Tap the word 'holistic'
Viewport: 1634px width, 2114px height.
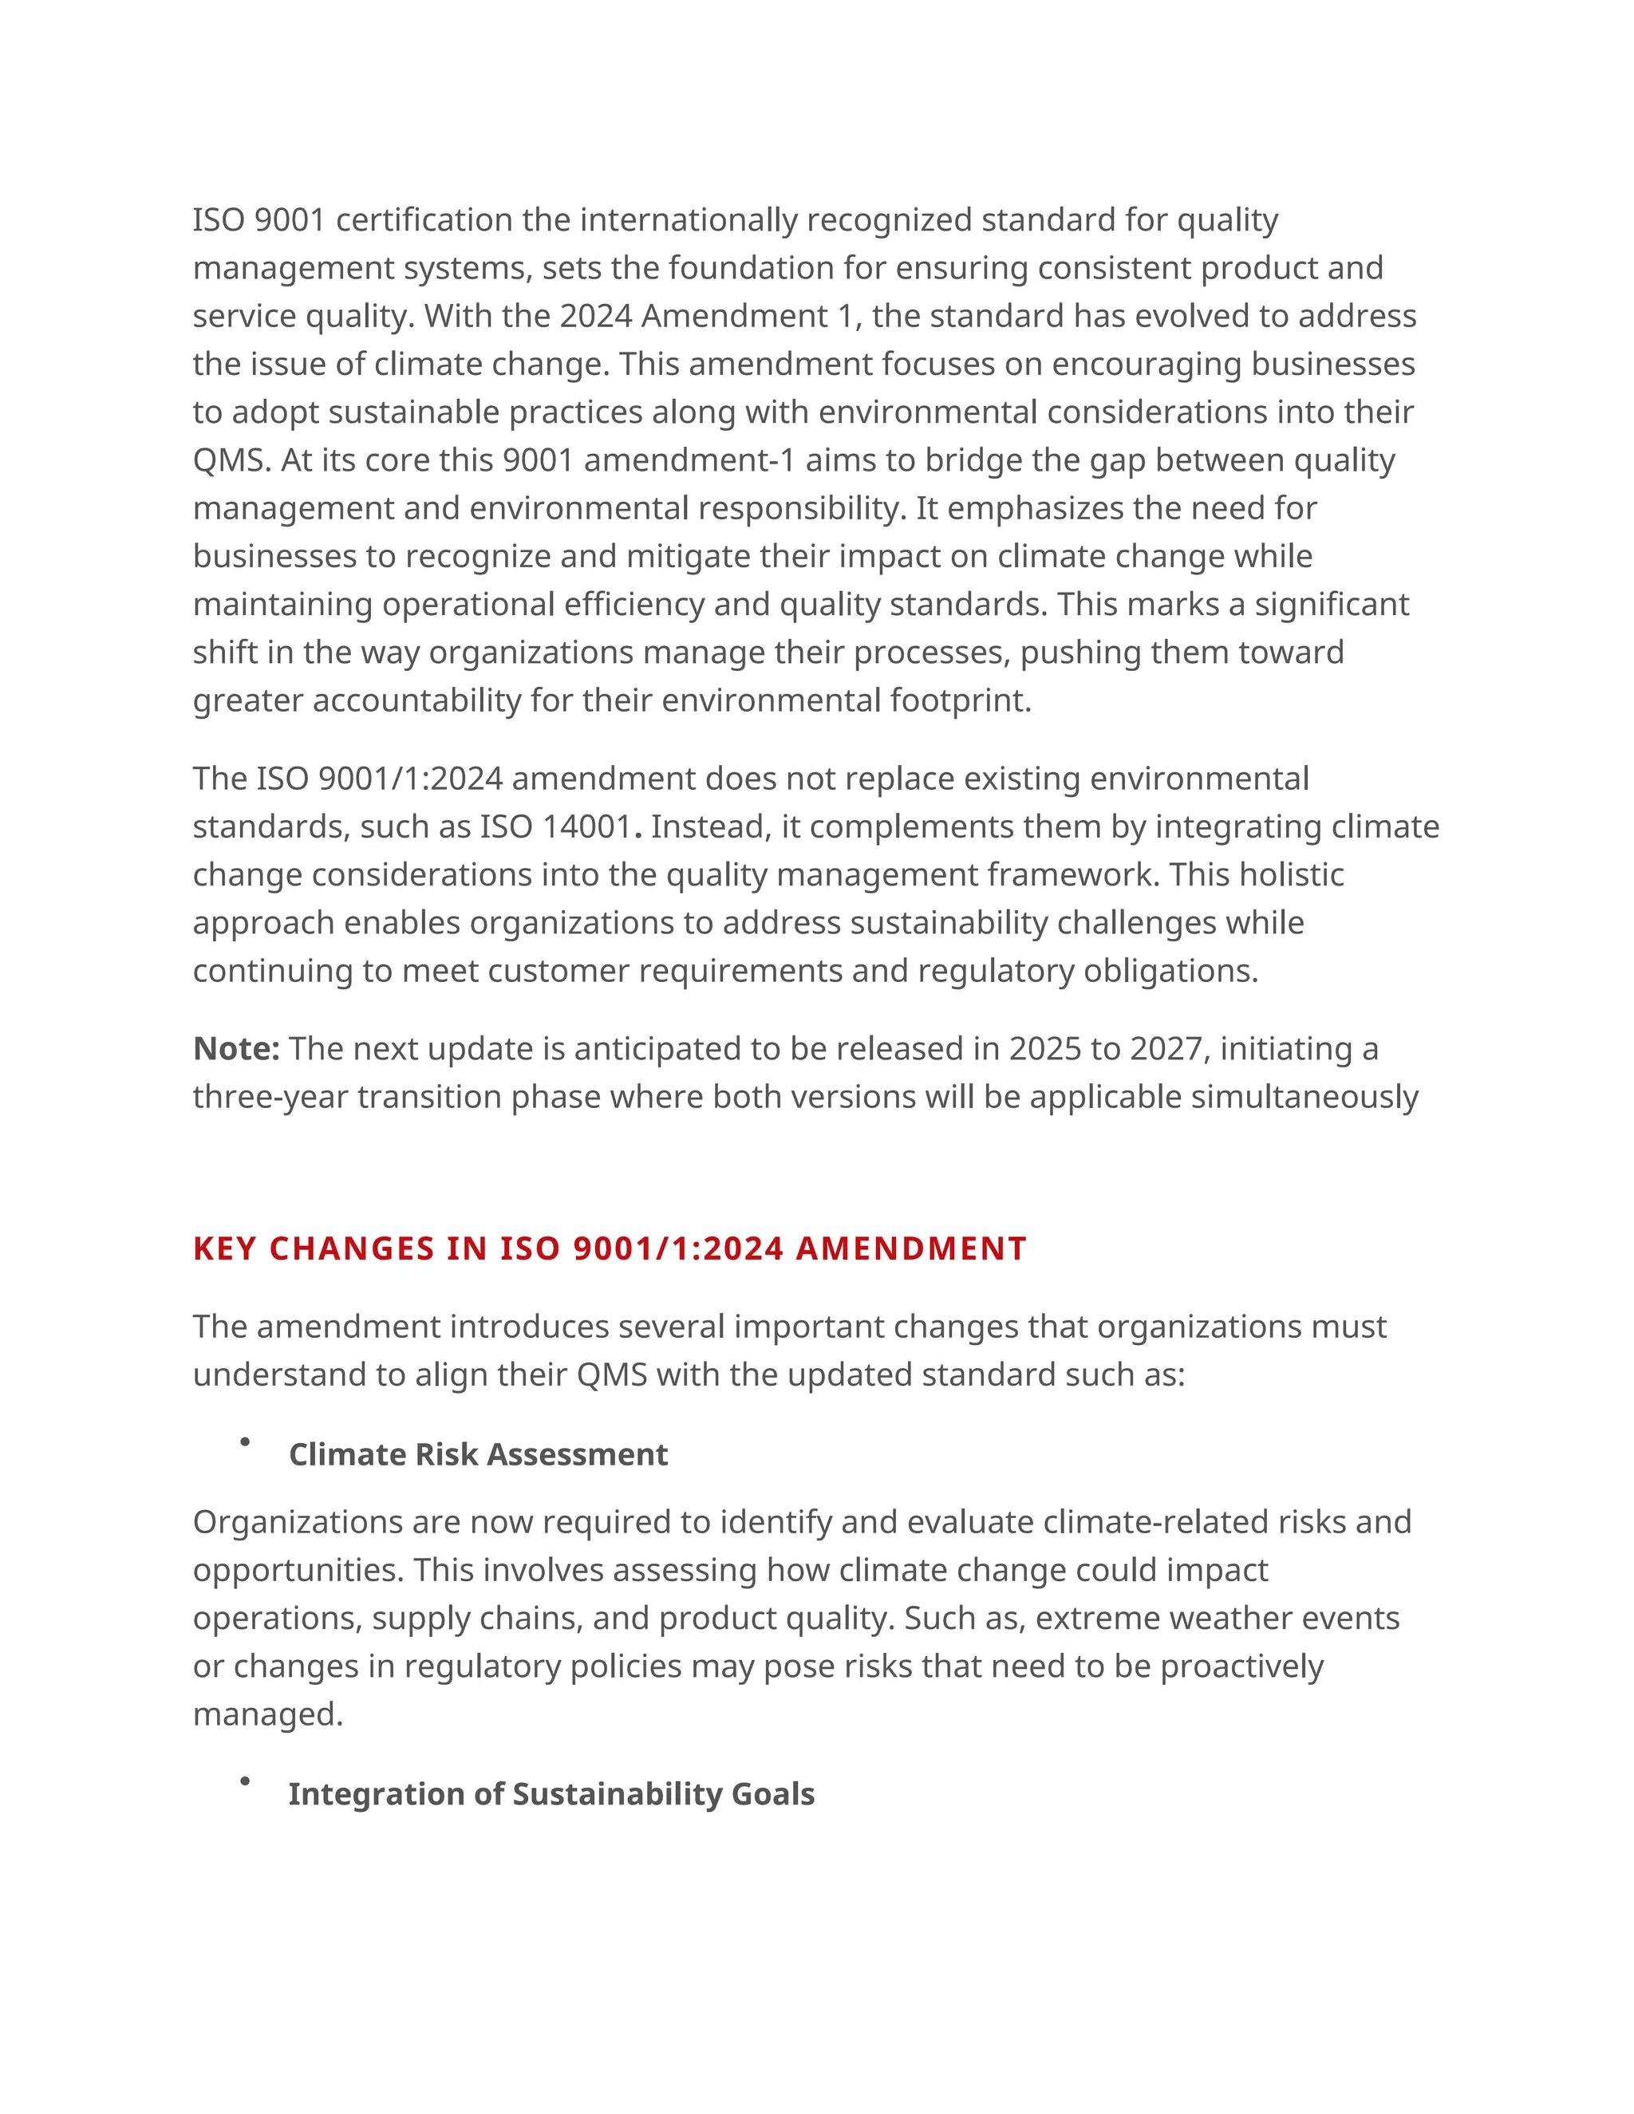pyautogui.click(x=1292, y=875)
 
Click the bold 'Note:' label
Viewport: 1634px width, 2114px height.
pyautogui.click(x=236, y=1049)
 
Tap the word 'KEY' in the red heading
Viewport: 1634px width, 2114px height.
pyautogui.click(x=224, y=1249)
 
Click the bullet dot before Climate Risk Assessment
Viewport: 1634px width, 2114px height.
pyautogui.click(x=245, y=1442)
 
